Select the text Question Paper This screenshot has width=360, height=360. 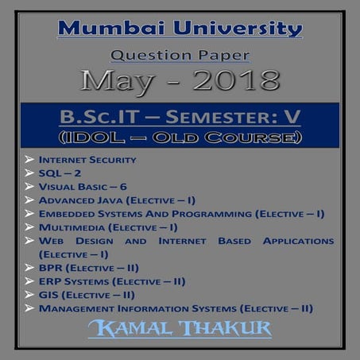coord(180,56)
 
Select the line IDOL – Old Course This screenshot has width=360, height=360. coord(180,136)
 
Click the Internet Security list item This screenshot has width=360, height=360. coord(87,160)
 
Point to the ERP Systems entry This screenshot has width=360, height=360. coord(111,281)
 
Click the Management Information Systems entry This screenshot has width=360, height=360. coord(175,308)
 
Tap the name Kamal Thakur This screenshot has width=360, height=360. coord(180,329)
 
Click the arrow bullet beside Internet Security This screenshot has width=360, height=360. coord(29,160)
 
